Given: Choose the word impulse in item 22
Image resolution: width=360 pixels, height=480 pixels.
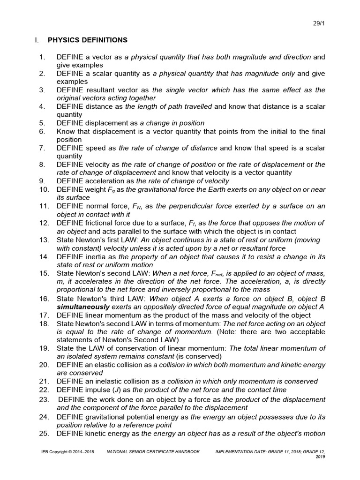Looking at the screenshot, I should click(x=96, y=390).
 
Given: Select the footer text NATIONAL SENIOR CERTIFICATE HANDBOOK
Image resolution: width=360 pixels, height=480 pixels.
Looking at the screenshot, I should click(x=153, y=451).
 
